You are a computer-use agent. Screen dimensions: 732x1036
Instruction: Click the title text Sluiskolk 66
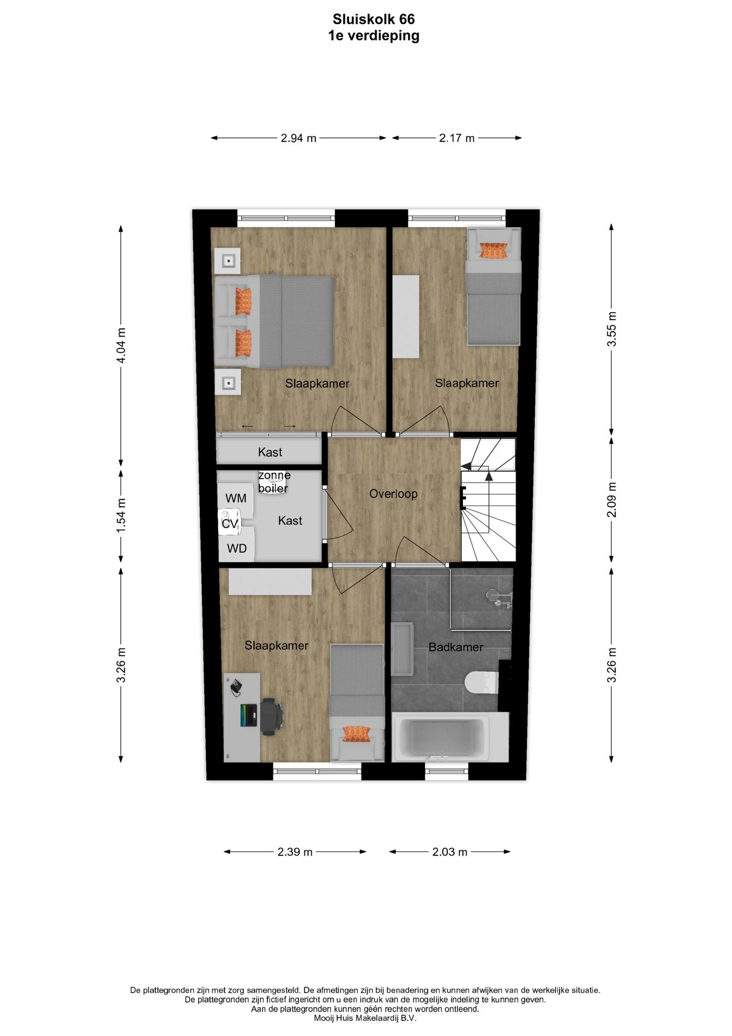pos(374,19)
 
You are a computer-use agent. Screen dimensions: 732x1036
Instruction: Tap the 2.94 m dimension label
pos(299,138)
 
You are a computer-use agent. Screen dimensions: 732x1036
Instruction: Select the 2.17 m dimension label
pos(457,138)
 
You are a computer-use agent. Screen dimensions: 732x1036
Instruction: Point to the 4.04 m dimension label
pos(121,346)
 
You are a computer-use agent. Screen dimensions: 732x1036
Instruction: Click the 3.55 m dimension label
pos(612,329)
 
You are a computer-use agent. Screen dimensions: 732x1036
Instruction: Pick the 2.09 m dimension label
pos(612,500)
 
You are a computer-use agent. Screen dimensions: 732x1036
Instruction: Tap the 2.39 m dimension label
pos(295,852)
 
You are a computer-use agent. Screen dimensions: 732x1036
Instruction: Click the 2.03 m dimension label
pos(450,852)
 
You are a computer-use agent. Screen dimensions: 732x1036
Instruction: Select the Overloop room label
pos(393,494)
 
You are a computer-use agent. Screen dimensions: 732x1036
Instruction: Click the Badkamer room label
pos(456,647)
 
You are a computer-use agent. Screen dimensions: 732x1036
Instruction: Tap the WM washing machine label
pos(236,498)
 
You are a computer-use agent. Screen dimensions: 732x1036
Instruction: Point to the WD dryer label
pos(237,548)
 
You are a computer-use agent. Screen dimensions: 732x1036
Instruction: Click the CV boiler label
pos(230,524)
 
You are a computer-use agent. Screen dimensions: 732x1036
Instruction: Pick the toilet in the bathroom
pos(481,683)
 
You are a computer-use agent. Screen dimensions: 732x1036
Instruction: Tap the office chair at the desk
pos(272,716)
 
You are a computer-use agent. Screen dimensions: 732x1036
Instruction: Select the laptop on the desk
pos(249,715)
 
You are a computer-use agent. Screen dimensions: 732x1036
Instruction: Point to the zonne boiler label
pos(274,482)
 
